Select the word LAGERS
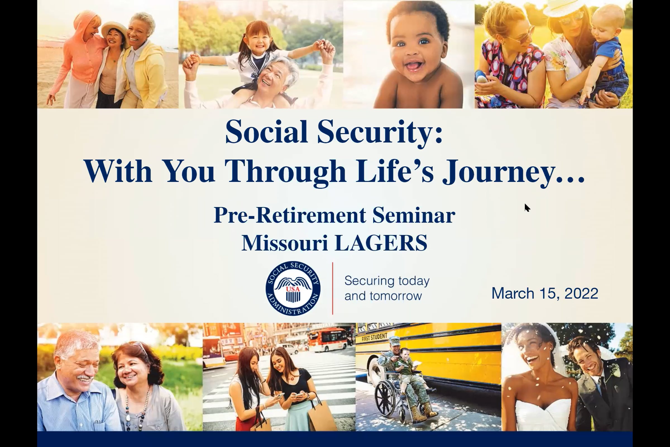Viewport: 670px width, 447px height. tap(381, 243)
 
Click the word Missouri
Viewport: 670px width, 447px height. tap(284, 243)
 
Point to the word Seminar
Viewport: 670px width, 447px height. tap(414, 215)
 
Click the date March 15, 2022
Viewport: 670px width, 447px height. tap(545, 293)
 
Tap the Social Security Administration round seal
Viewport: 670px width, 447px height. tap(293, 288)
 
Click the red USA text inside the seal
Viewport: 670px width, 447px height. tap(293, 289)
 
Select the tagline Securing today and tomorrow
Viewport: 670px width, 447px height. tap(387, 288)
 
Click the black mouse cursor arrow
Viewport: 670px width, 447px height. tap(527, 208)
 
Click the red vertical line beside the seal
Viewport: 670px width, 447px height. tap(332, 288)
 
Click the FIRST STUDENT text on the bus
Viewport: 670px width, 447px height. tap(374, 337)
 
